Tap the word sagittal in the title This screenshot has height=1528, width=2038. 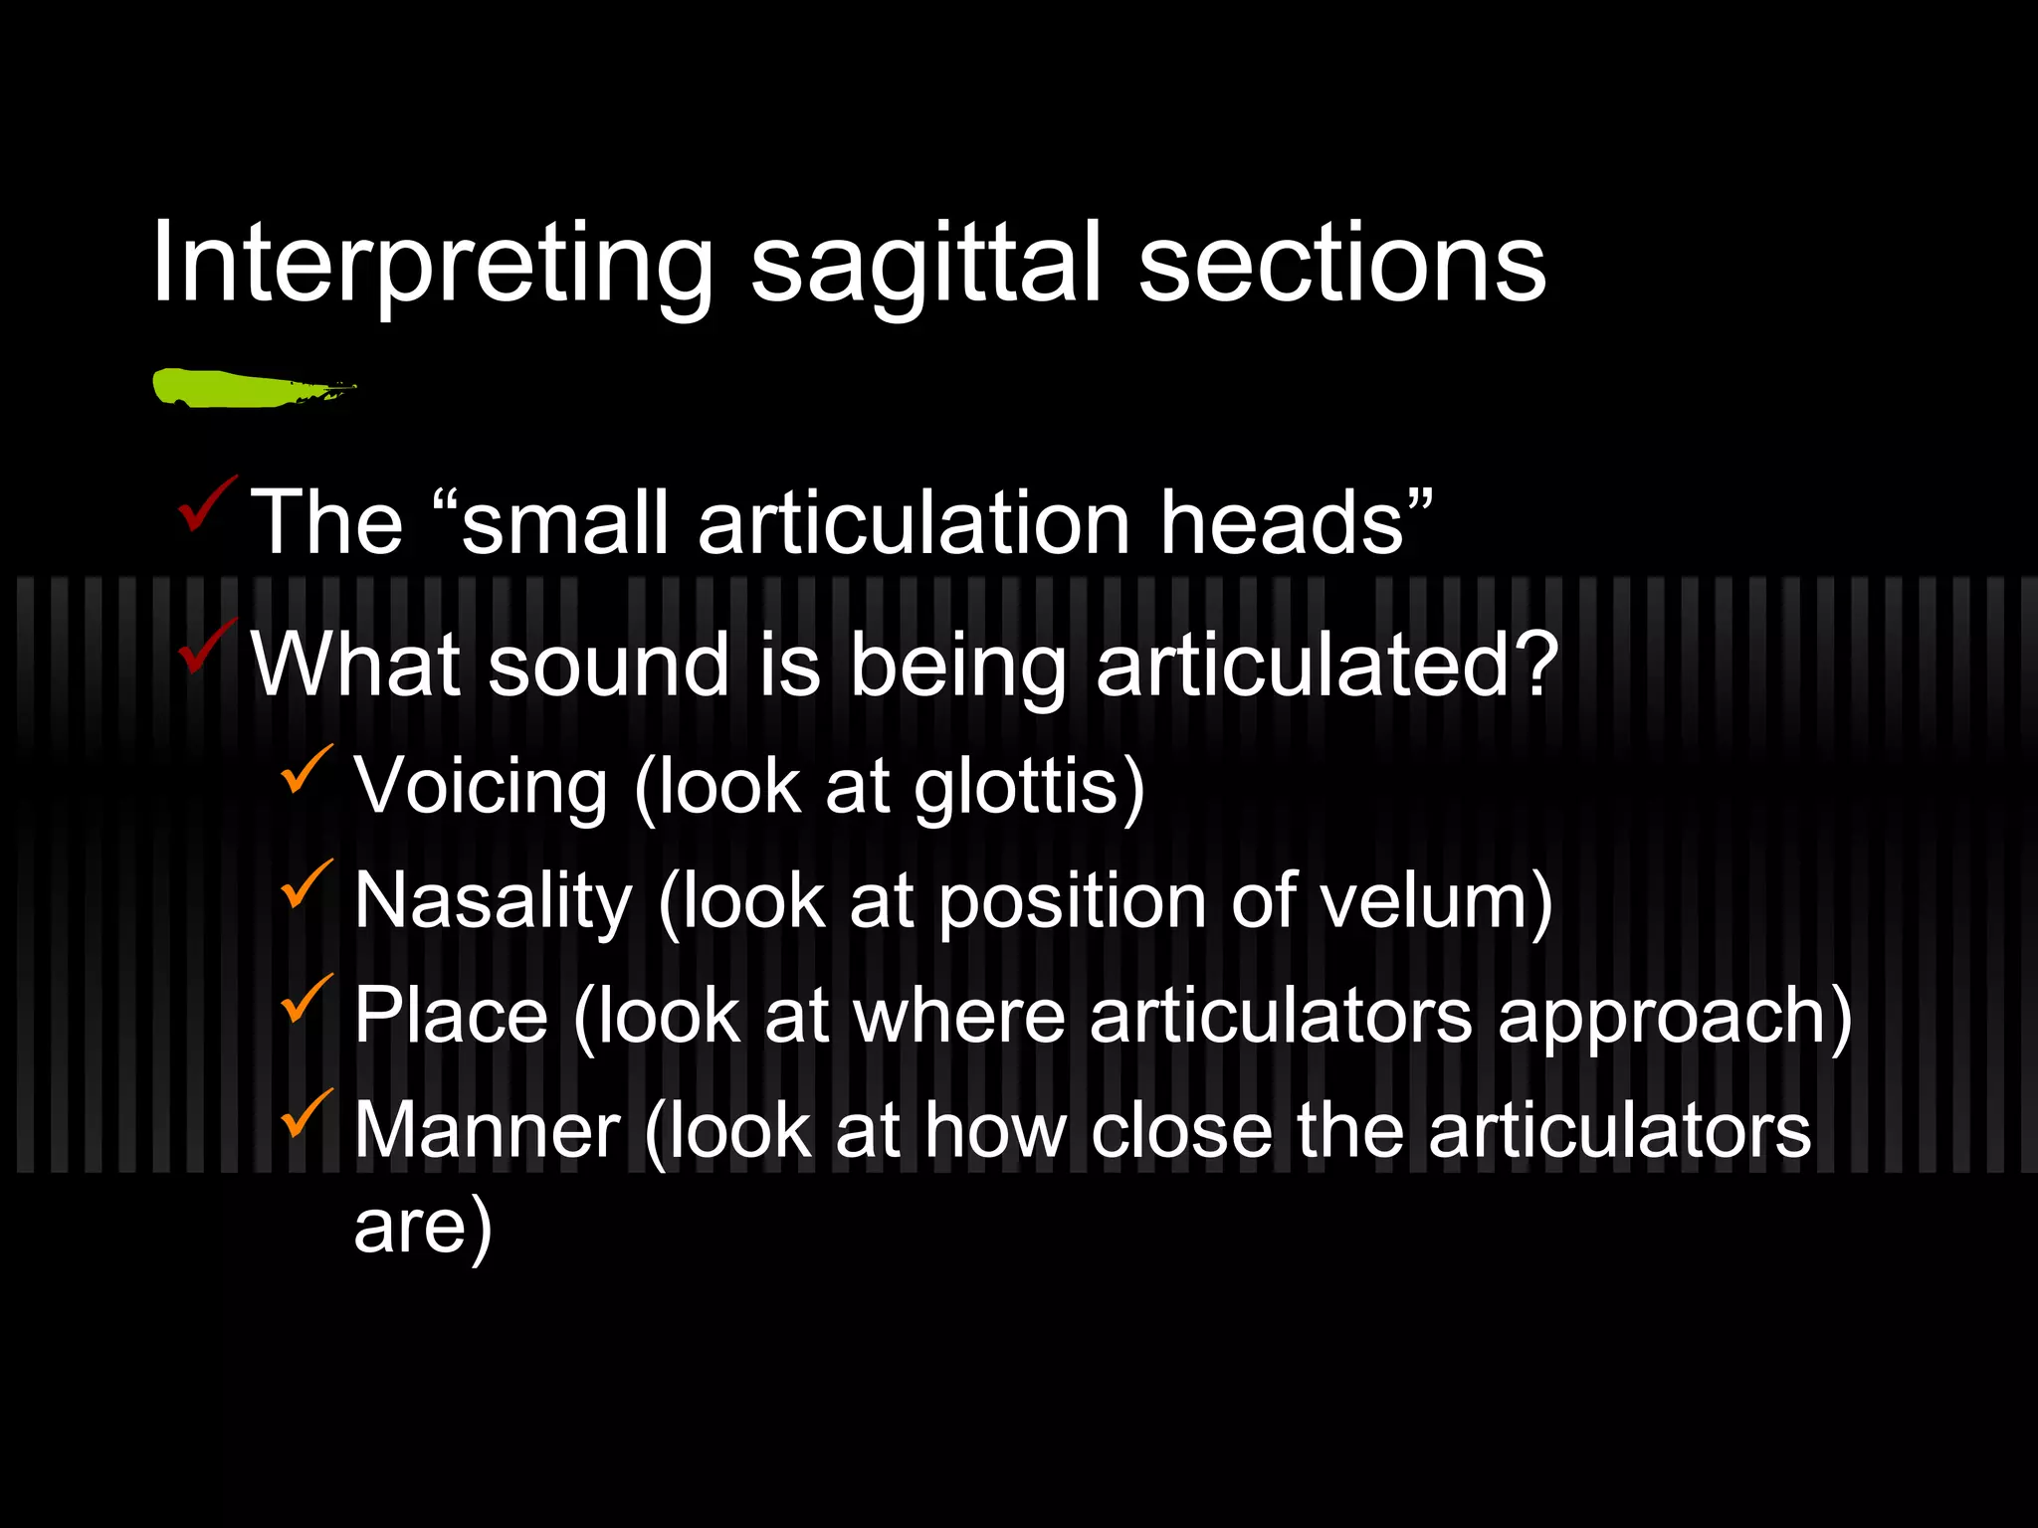click(925, 265)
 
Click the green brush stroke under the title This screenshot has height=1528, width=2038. click(249, 388)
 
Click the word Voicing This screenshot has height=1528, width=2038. click(481, 787)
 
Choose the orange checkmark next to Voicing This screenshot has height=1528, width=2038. click(306, 769)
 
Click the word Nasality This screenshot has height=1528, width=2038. click(494, 901)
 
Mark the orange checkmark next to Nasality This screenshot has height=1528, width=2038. click(306, 883)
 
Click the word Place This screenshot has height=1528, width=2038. click(451, 1016)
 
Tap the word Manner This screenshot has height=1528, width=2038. click(488, 1130)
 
